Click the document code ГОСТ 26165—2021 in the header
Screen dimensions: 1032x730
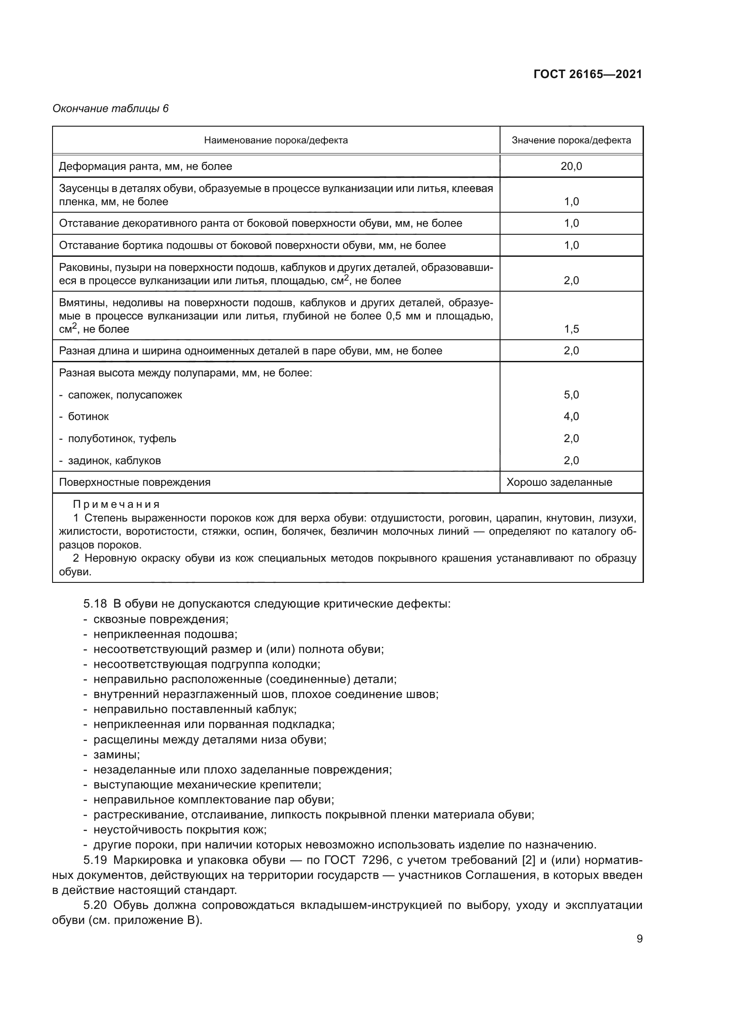click(x=587, y=74)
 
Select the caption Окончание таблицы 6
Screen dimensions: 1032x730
click(x=111, y=109)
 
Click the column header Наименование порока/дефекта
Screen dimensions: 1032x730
click(x=275, y=140)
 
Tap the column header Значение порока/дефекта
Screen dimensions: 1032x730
click(x=571, y=140)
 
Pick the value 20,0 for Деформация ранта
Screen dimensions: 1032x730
click(x=571, y=166)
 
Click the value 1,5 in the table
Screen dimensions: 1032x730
click(x=571, y=329)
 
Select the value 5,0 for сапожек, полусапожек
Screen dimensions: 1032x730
click(x=571, y=394)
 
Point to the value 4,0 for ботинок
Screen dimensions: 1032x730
click(x=571, y=416)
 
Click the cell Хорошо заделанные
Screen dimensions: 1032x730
click(x=559, y=482)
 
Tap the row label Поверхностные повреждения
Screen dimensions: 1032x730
click(x=135, y=482)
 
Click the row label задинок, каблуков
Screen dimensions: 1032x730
click(x=114, y=460)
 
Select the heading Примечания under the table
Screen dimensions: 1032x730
click(x=117, y=504)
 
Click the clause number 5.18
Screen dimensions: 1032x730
click(x=94, y=604)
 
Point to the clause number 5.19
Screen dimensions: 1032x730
click(x=95, y=860)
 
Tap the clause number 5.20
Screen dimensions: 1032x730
click(x=95, y=905)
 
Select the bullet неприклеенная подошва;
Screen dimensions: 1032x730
click(x=165, y=634)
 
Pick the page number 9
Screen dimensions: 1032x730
click(x=639, y=938)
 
